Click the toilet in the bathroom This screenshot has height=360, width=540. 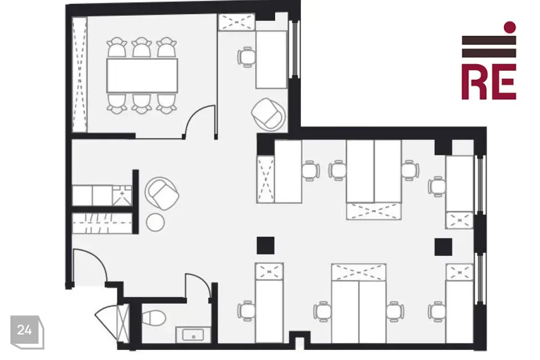154,317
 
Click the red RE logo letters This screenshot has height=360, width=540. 489,82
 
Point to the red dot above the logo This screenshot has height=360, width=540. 510,27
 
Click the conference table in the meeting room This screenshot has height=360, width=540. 142,75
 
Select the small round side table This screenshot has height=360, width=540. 155,222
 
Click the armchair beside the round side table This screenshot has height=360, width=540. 162,193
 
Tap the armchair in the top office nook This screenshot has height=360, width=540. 269,114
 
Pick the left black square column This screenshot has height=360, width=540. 265,245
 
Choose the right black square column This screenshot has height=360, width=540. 443,247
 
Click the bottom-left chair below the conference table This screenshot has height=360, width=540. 117,103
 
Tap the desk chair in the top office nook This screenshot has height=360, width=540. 246,57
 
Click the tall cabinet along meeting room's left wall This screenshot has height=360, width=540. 79,74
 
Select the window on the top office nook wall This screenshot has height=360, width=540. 295,49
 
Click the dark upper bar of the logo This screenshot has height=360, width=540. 489,40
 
